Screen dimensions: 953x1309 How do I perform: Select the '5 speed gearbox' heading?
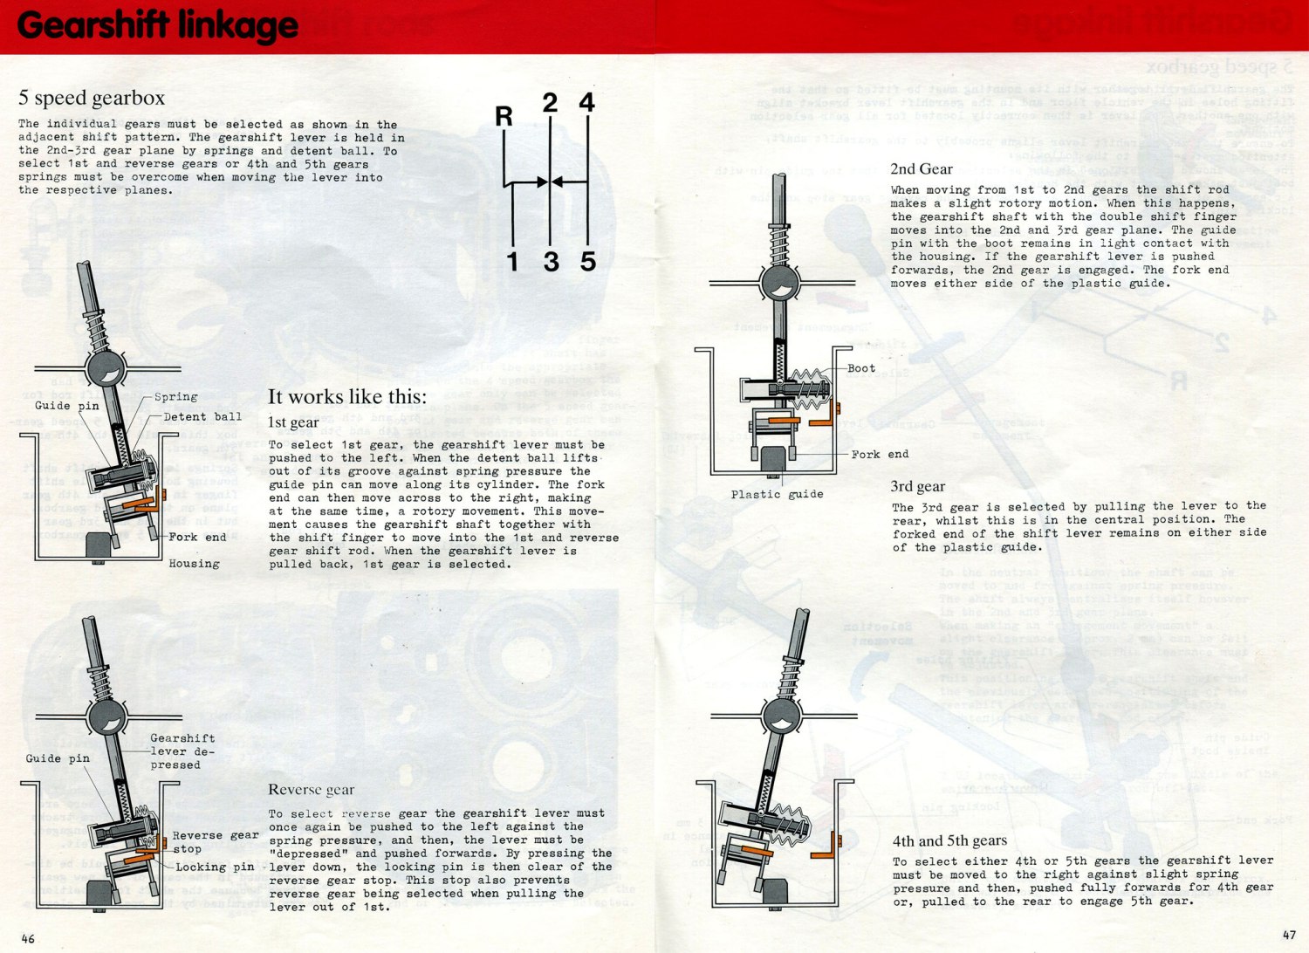(x=92, y=98)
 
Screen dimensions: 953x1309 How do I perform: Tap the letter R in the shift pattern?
(x=504, y=116)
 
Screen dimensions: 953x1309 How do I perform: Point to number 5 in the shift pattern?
(x=588, y=261)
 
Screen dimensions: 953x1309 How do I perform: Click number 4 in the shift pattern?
(x=587, y=103)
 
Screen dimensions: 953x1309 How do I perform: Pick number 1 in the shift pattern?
(x=512, y=261)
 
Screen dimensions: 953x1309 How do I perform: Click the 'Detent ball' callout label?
(x=202, y=417)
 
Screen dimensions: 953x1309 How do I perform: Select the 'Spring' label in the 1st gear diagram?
(x=175, y=397)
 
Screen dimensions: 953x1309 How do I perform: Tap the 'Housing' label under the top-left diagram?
(x=194, y=564)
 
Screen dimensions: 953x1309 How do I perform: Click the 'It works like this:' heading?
(x=347, y=397)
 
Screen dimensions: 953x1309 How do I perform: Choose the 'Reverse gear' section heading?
(x=311, y=790)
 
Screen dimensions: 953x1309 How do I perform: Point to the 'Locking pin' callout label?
(x=215, y=867)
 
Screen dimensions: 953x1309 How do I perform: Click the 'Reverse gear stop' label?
(x=215, y=842)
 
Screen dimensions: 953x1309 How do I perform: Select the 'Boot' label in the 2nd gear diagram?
(x=861, y=368)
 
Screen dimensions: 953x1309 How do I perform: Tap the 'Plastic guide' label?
(x=777, y=494)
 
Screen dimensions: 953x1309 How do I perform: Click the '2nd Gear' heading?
(x=922, y=169)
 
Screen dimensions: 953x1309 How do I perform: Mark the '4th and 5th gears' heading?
(x=949, y=841)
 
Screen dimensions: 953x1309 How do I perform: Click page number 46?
(x=28, y=938)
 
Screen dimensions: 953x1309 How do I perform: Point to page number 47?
(x=1289, y=935)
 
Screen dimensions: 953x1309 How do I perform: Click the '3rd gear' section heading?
(x=917, y=487)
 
